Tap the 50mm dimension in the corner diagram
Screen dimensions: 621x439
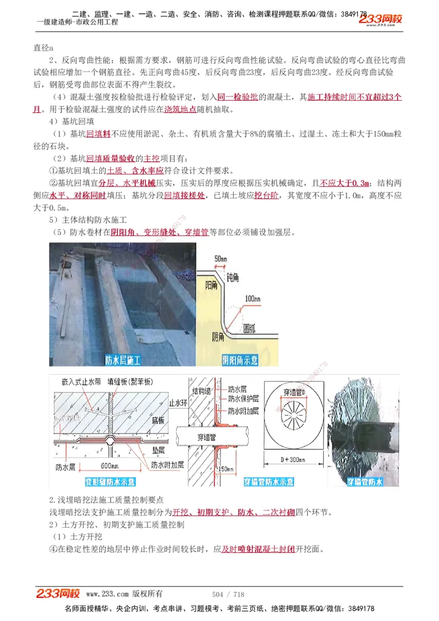(221, 258)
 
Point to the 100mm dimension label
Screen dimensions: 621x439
(253, 298)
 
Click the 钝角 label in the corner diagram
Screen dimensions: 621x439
(232, 278)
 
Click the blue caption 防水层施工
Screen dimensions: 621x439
(123, 360)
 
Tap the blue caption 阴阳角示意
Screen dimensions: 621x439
(240, 360)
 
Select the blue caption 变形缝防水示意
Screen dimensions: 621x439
(110, 482)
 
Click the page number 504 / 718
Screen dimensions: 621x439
(228, 594)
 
